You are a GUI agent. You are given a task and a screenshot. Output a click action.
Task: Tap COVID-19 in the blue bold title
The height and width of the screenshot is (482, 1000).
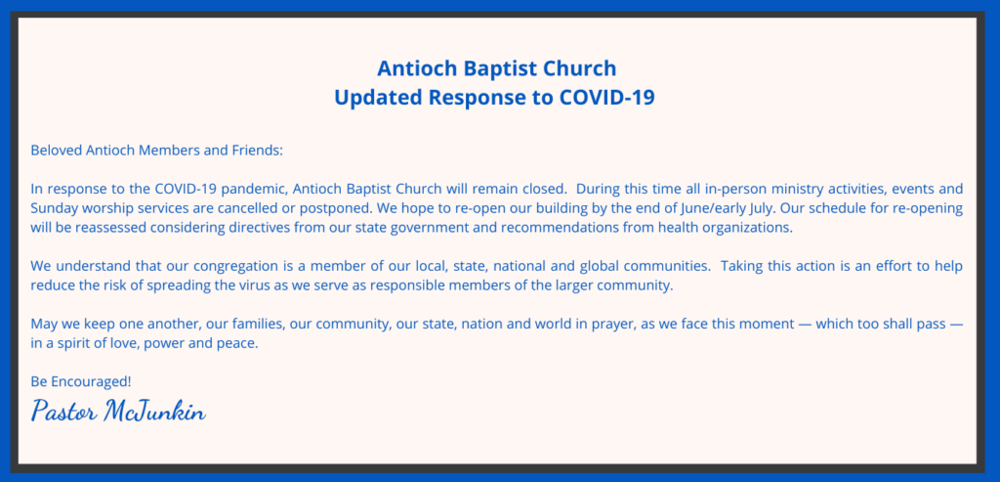[x=606, y=98]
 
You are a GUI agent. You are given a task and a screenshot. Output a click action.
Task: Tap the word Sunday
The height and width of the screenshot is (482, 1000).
[x=51, y=208]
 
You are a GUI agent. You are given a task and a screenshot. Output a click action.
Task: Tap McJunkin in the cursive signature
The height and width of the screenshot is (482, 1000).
[x=154, y=413]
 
